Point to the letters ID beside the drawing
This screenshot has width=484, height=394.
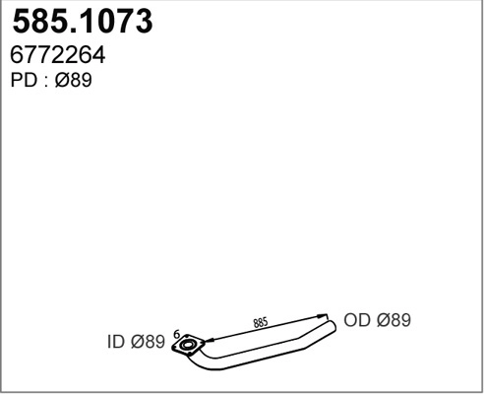[114, 343]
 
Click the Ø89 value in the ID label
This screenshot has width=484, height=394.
[147, 343]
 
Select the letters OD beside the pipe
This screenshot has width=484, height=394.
[355, 320]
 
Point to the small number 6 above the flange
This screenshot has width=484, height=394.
[177, 334]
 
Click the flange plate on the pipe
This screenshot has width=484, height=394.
[188, 346]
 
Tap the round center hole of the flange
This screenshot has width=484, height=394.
[188, 346]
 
